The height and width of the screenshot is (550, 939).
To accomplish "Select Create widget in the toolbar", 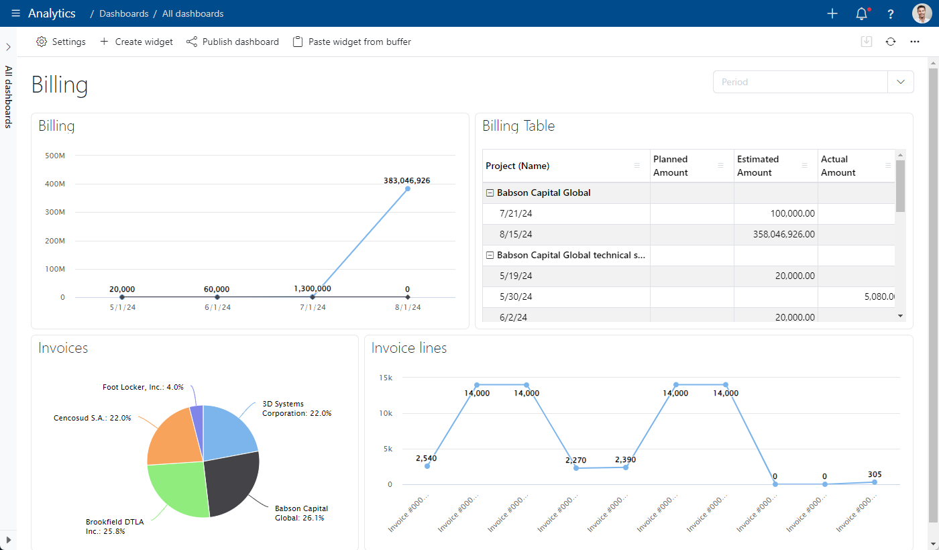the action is (136, 42).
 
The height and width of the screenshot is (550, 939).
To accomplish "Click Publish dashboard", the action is (233, 42).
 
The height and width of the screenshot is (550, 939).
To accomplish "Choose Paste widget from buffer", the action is (351, 42).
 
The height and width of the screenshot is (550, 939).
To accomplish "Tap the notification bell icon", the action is (861, 14).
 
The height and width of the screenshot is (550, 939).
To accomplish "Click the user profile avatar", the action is (922, 13).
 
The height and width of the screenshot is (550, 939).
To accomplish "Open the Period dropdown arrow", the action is (900, 82).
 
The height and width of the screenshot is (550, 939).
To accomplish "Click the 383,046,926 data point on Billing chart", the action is (408, 188).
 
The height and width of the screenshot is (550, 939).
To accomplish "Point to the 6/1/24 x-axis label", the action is (217, 307).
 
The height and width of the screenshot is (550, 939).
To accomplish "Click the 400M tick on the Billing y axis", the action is (55, 184).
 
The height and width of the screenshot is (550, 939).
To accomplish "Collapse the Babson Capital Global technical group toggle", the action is (490, 256).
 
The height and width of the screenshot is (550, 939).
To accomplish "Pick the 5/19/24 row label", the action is (516, 276).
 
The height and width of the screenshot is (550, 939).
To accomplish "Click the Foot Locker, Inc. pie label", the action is (143, 387).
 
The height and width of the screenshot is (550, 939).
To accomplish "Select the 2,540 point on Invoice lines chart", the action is (427, 466).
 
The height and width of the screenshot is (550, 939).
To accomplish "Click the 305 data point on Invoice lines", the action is (875, 482).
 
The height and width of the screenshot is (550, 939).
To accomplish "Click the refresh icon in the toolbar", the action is (891, 42).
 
